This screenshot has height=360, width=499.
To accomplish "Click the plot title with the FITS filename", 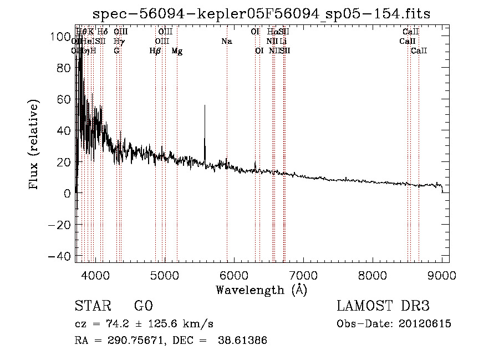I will [x=261, y=14].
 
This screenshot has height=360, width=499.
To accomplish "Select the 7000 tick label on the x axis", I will [x=303, y=275].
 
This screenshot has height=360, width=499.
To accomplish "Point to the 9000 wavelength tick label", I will [x=442, y=275].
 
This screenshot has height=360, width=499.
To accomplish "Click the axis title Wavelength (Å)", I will [x=261, y=290].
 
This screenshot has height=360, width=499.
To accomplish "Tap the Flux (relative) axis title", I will [x=34, y=145].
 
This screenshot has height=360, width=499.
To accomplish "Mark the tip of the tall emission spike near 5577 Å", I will [x=205, y=105].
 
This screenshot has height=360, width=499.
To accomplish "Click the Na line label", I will [x=226, y=42].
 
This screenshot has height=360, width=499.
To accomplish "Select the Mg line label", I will [x=177, y=51].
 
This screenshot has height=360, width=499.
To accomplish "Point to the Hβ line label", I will [x=155, y=51].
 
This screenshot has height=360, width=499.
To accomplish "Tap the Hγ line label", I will [x=118, y=42].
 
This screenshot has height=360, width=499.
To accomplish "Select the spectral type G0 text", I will [x=143, y=306].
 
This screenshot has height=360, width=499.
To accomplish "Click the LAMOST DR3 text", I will [x=383, y=306].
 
